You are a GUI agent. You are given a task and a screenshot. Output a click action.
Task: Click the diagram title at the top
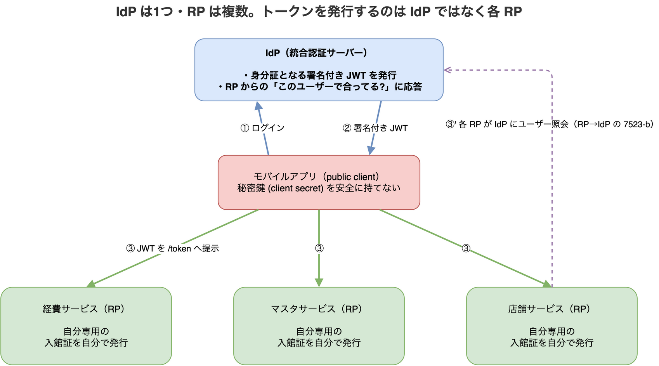(x=319, y=12)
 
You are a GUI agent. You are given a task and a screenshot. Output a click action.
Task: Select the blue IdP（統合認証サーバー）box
(x=319, y=70)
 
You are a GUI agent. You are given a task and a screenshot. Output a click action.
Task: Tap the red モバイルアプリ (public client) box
(x=319, y=182)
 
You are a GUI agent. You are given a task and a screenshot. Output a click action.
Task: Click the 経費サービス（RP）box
(x=86, y=326)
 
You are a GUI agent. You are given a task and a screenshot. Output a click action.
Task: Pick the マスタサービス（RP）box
(x=319, y=326)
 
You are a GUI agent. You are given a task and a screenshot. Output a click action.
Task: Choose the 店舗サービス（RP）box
(x=552, y=326)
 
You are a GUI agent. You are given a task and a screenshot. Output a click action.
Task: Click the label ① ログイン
(x=262, y=128)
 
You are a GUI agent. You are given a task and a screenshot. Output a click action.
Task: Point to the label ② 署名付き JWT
(x=375, y=128)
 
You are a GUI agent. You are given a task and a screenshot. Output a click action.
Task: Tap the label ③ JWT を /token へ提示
(x=172, y=249)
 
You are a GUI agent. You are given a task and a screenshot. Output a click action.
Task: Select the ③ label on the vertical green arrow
(x=319, y=249)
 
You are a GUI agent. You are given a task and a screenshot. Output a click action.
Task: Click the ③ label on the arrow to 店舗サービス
(x=466, y=249)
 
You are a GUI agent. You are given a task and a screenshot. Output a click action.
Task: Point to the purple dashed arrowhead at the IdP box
(x=447, y=70)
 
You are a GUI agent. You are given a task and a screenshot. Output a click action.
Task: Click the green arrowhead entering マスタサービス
(x=319, y=283)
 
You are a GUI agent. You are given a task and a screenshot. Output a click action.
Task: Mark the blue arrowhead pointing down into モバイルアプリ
(x=371, y=150)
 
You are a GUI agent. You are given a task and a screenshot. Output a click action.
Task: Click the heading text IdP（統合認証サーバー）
(x=316, y=53)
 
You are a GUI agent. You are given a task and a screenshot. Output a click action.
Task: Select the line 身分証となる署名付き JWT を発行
(x=320, y=75)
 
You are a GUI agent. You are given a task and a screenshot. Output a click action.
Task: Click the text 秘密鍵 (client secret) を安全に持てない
(x=319, y=188)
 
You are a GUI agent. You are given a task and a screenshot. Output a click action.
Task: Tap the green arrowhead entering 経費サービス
(x=92, y=284)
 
